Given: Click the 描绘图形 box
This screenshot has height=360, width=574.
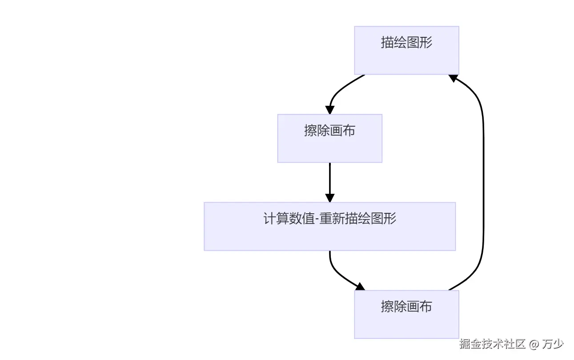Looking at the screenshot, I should coord(406,50).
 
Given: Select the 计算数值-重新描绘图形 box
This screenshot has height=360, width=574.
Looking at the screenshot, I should coord(329,226).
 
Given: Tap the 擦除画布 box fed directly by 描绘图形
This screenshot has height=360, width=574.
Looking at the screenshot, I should coord(329,138).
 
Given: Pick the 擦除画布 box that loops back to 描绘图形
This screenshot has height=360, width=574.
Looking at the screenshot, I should coord(406,314).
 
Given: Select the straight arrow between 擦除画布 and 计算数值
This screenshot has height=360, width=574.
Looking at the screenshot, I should coord(329,178).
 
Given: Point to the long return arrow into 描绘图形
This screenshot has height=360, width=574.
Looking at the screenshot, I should coord(483,182).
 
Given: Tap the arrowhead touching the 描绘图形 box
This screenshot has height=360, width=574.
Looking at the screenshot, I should coord(453,78).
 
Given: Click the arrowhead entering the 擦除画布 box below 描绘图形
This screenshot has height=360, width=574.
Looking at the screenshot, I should coord(329,110).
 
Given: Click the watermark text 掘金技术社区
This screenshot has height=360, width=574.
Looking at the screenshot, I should coord(493,344).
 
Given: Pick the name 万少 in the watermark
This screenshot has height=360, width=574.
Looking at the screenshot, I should coord(553,344).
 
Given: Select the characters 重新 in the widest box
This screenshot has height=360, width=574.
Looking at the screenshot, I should coord(332,219).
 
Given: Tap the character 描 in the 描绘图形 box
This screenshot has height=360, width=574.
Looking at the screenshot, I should coord(387,42).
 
